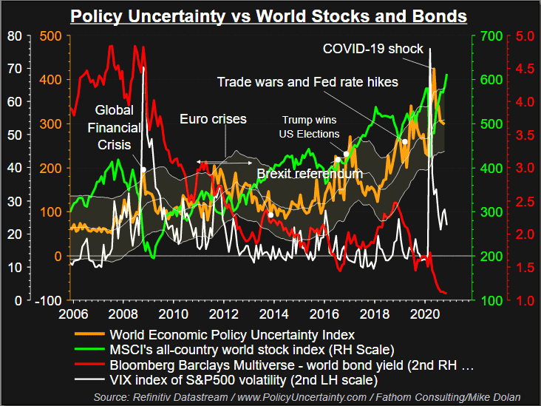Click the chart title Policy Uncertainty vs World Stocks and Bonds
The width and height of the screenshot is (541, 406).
pyautogui.click(x=269, y=16)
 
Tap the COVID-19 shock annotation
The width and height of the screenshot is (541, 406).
pyautogui.click(x=373, y=49)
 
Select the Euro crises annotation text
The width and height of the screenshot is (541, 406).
pyautogui.click(x=213, y=118)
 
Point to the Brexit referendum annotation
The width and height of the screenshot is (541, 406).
pyautogui.click(x=310, y=174)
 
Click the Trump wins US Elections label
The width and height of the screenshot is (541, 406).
pyautogui.click(x=311, y=126)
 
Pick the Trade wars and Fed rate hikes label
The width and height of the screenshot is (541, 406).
pyautogui.click(x=307, y=81)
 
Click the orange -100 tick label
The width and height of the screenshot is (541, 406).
pyautogui.click(x=49, y=300)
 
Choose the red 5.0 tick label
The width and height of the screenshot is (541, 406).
pyautogui.click(x=523, y=35)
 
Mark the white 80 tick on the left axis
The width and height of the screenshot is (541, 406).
pyautogui.click(x=13, y=35)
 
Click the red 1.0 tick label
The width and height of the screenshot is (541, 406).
pyautogui.click(x=523, y=300)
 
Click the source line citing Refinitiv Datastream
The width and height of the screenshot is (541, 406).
pyautogui.click(x=307, y=398)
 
